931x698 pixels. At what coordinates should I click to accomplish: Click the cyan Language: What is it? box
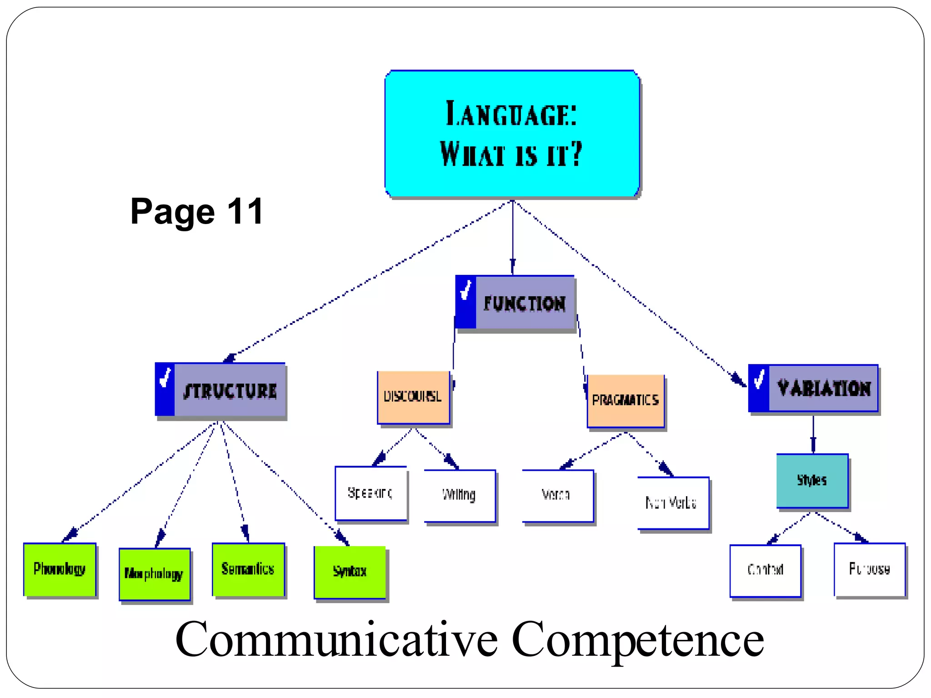tap(512, 134)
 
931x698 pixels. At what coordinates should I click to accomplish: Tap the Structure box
tap(220, 390)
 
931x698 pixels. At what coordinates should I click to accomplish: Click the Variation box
tap(813, 389)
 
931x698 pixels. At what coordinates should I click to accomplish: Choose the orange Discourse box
tap(413, 397)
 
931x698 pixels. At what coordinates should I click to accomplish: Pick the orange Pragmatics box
tap(626, 401)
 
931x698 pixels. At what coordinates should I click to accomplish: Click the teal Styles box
tap(812, 480)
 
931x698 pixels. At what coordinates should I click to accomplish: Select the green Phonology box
tap(60, 569)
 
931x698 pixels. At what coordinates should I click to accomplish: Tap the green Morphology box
tap(155, 574)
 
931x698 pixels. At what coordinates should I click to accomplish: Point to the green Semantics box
tap(248, 569)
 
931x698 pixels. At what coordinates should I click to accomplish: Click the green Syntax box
tap(350, 572)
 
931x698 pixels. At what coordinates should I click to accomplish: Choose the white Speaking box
tap(370, 493)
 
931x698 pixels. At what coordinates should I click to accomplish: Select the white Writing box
tap(460, 495)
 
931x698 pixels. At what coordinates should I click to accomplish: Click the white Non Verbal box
tap(673, 503)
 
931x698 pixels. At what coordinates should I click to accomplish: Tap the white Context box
tap(765, 570)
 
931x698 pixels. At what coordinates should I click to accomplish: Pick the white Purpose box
tap(869, 569)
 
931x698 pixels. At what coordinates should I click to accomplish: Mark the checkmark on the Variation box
tap(759, 379)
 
